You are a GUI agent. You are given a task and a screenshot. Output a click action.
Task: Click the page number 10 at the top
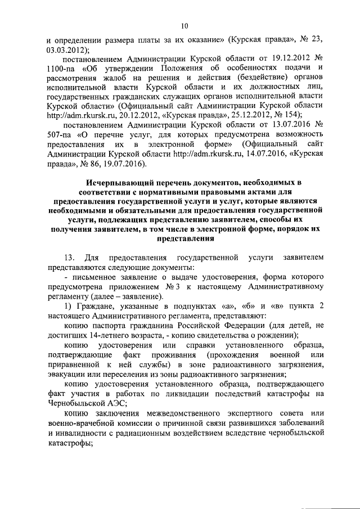coord(184,25)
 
